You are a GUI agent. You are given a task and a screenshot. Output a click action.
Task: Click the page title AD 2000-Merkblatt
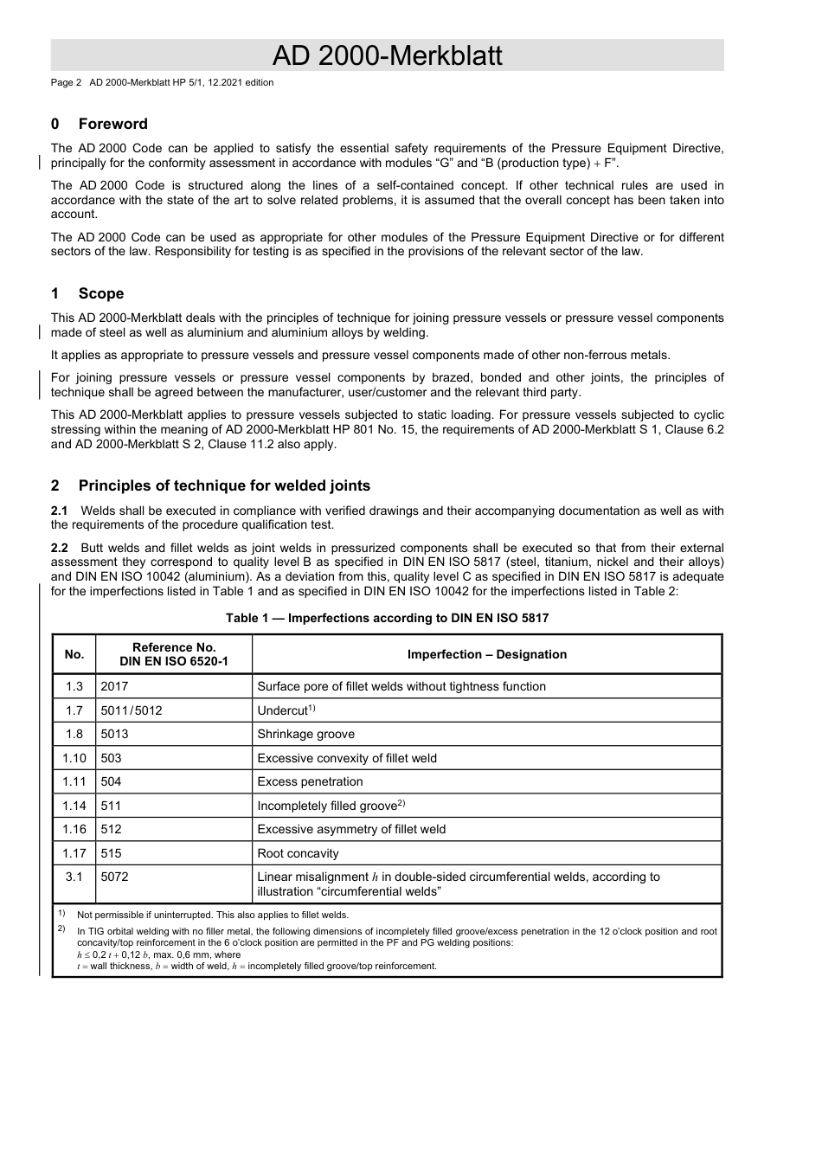point(387,55)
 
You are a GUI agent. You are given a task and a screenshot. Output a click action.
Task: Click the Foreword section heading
point(112,124)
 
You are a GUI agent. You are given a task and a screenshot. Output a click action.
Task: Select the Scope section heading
point(100,293)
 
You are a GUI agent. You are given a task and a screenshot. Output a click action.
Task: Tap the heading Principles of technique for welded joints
point(224,485)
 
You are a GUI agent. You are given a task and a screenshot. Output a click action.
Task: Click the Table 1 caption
point(387,618)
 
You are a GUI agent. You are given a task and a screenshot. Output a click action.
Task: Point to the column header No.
point(74,654)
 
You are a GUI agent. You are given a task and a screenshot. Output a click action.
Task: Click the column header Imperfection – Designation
point(486,654)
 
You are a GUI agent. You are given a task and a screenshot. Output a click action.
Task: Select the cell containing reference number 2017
point(114,686)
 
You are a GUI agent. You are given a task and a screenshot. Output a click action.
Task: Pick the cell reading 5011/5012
point(132,710)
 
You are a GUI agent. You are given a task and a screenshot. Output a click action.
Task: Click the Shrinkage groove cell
point(305,734)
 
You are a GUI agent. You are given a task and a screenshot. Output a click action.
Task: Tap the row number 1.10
point(74,758)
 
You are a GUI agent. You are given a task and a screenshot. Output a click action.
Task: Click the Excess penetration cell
point(310,781)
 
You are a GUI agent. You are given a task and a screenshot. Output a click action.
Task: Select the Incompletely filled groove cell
point(327,806)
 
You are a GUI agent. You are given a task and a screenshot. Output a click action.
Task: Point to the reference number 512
point(111,829)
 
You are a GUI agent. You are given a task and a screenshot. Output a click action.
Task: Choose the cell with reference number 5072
point(114,877)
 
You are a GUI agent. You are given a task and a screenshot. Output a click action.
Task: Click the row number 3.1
point(74,877)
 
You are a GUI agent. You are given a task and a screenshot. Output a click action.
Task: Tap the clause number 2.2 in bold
point(60,548)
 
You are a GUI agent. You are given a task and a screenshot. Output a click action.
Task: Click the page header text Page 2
point(66,82)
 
